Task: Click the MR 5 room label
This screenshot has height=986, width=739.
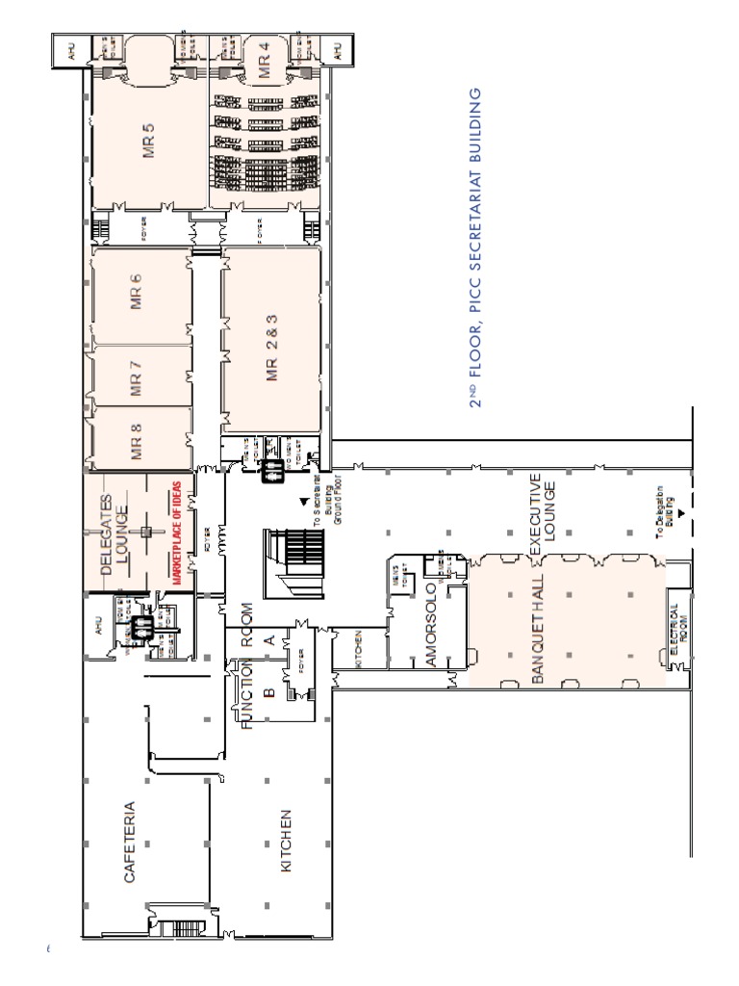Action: click(x=147, y=141)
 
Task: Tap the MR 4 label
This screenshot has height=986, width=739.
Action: click(x=264, y=61)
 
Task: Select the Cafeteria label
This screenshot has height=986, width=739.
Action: click(x=128, y=843)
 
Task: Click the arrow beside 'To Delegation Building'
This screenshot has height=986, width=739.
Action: click(x=681, y=515)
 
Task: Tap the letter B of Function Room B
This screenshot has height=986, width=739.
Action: click(x=268, y=690)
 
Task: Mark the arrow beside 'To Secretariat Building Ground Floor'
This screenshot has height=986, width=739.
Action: click(x=304, y=502)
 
